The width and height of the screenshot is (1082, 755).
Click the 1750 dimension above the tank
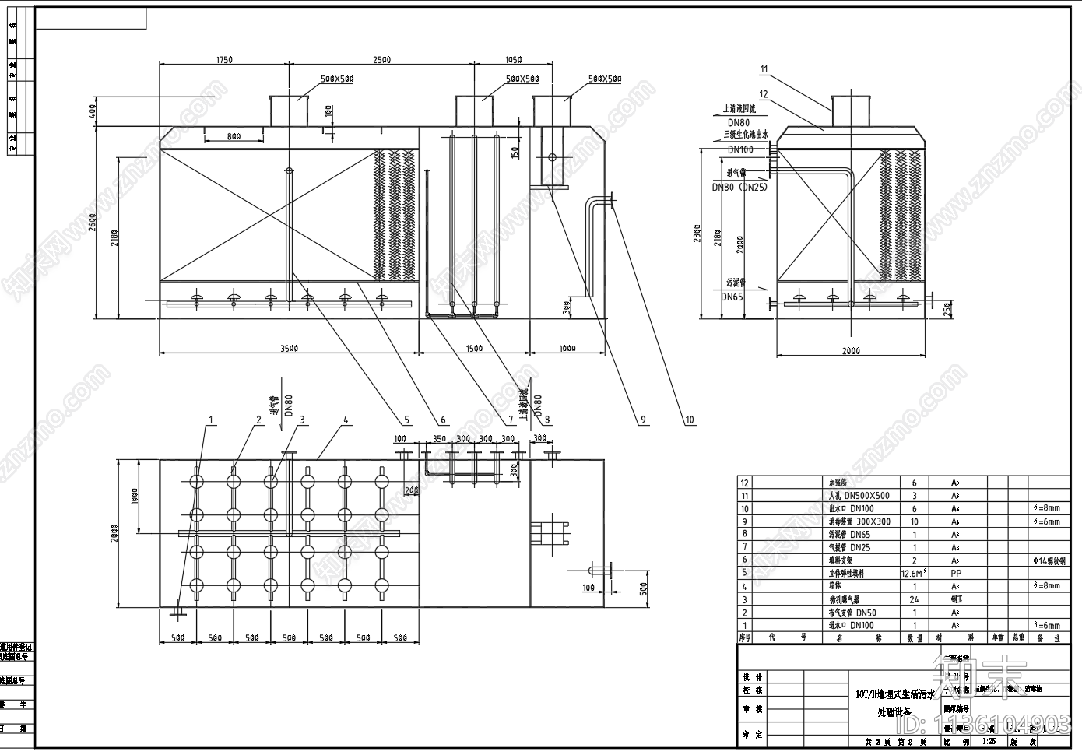pos(224,60)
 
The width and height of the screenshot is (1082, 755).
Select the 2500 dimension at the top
pos(381,60)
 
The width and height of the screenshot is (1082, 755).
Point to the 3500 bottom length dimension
pos(289,349)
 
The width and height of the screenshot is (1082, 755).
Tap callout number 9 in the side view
pos(643,420)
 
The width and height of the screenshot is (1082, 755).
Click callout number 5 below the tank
pos(406,420)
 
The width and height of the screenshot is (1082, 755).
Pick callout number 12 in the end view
pos(764,94)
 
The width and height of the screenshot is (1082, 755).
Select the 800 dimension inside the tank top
pos(234,137)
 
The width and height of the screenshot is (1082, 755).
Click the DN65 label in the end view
pos(731,297)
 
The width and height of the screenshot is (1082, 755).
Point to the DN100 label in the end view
pos(740,149)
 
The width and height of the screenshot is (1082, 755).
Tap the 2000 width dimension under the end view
pos(851,351)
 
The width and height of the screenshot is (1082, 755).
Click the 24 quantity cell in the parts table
pos(914,599)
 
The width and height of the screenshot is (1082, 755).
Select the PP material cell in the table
pos(956,573)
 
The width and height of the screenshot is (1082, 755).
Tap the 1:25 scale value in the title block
pos(989,742)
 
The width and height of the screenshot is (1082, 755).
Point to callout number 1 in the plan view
pos(210,420)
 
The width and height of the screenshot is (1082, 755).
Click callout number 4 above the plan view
pos(346,420)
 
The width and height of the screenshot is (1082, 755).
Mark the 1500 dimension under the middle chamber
pos(473,349)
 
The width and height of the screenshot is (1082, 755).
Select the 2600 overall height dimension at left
pos(92,222)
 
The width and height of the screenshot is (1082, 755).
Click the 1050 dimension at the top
pos(513,60)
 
